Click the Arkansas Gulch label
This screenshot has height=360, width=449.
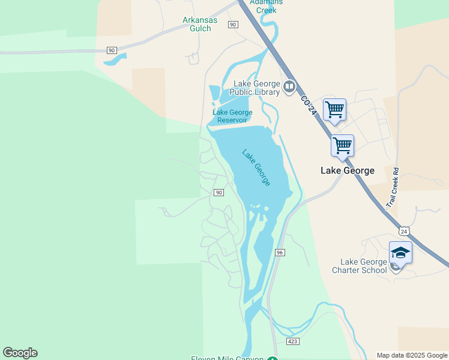coord(197,24)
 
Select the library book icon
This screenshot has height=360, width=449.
coord(290,88)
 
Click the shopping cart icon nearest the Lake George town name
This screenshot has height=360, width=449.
coord(342,145)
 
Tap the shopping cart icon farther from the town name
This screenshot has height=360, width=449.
coord(334,110)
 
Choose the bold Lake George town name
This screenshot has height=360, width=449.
coord(347,170)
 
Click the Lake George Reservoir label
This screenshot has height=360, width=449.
coord(232,116)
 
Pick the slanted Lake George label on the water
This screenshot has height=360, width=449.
coord(256,167)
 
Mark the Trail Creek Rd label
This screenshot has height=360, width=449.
coord(393,187)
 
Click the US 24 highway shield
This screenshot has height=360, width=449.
coord(404,231)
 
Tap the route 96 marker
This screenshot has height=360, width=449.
coord(280,253)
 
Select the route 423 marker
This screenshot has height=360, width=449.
coord(292,341)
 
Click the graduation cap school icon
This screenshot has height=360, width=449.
coord(400,252)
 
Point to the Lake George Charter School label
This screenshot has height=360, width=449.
coord(363,266)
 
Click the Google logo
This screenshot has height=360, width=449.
coord(20,353)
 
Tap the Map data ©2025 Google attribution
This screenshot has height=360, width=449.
coord(412,355)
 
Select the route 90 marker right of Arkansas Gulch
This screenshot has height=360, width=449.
coord(233,24)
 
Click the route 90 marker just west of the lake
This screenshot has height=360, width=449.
coord(218,192)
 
